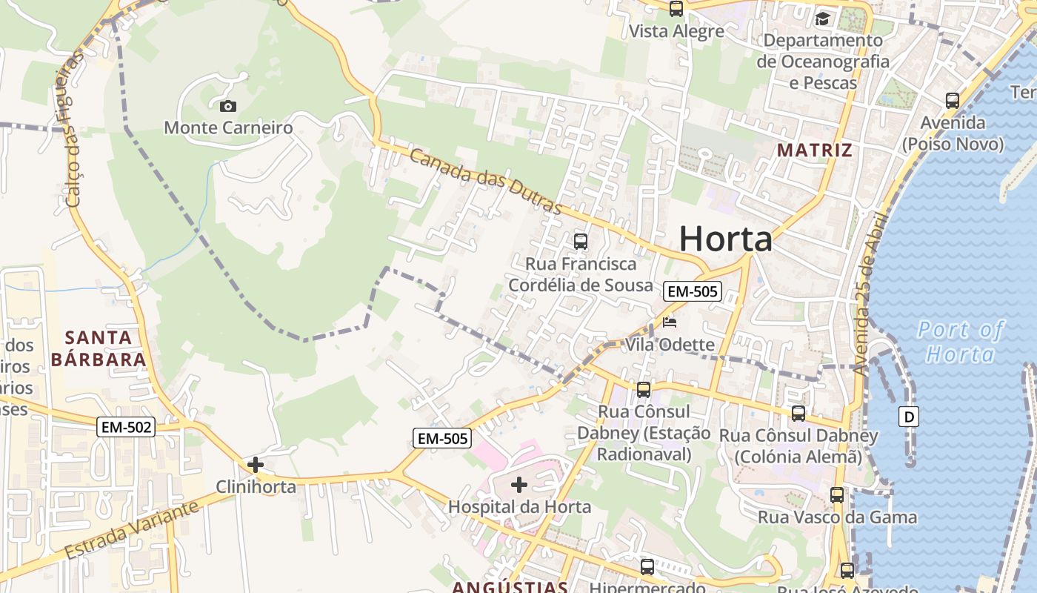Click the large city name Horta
(x=725, y=239)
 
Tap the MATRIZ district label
(x=814, y=150)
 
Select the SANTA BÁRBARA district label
(x=99, y=348)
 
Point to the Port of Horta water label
(x=960, y=341)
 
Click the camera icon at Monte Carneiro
(x=228, y=106)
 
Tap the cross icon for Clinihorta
(x=256, y=465)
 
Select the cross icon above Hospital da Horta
(x=519, y=485)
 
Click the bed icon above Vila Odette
(x=670, y=322)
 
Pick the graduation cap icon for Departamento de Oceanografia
(x=822, y=19)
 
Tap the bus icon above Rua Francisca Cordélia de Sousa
(x=581, y=241)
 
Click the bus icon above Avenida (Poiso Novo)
(x=953, y=100)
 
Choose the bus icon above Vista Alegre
(x=676, y=9)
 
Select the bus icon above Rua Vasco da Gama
(x=837, y=495)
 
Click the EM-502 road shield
(x=126, y=427)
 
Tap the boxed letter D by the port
(x=909, y=417)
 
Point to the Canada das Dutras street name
(x=485, y=182)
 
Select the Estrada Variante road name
(x=132, y=531)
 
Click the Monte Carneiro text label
(x=228, y=127)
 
